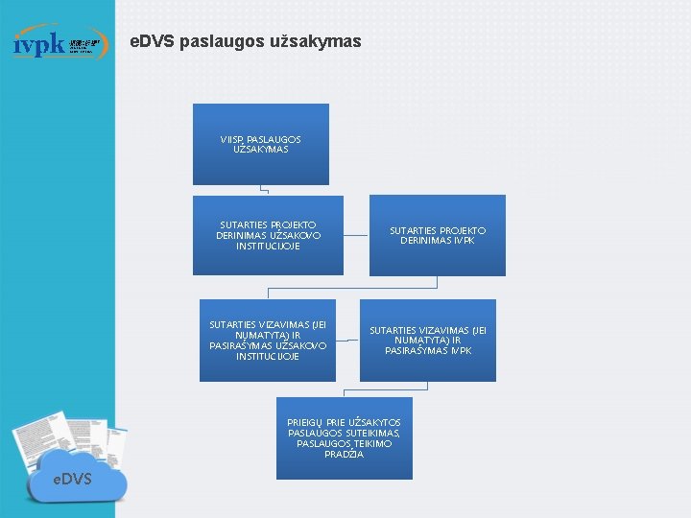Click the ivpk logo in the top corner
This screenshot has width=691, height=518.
(58, 43)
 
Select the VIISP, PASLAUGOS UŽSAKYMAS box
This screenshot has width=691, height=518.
(260, 144)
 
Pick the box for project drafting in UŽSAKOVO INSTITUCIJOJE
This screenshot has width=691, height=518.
(268, 235)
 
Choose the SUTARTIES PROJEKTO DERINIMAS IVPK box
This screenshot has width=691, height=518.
(437, 235)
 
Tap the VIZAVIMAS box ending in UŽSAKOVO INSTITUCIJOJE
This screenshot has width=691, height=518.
(268, 341)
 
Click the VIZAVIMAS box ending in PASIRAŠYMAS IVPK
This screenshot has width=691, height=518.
(428, 341)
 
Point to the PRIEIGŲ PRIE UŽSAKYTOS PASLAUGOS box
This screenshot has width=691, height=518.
(344, 437)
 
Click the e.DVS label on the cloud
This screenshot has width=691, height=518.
(72, 477)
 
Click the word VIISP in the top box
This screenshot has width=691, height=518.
(231, 140)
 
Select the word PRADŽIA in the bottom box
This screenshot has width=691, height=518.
(344, 454)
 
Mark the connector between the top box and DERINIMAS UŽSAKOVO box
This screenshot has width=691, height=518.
(264, 190)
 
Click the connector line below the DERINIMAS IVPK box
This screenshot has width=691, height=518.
(437, 282)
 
